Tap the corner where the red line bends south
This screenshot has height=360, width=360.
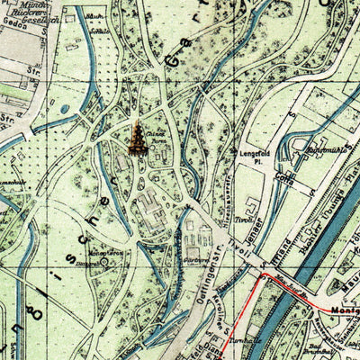[263, 279]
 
